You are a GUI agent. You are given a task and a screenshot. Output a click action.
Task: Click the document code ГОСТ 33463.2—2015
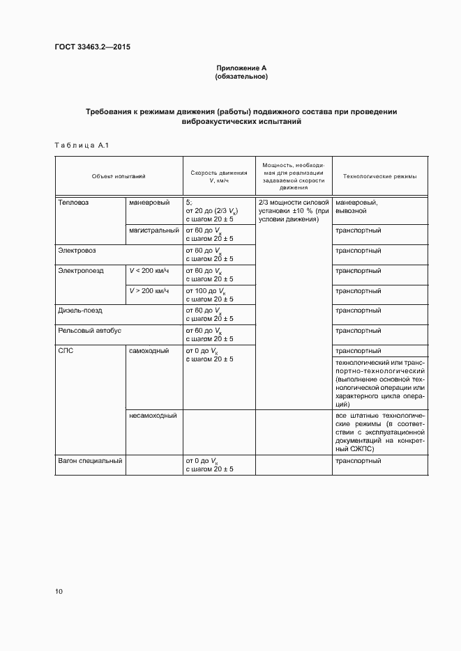coord(93,47)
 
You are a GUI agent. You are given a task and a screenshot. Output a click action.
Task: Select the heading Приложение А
coord(241,68)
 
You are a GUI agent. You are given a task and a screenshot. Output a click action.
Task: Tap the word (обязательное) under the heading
coord(241,76)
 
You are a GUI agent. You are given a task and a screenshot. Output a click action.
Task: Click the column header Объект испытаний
coord(119,177)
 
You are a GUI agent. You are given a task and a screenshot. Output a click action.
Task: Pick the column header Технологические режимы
coord(380,177)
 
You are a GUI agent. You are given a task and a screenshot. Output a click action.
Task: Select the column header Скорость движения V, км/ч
coord(219,177)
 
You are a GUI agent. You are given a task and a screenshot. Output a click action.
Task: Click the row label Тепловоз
coord(74,202)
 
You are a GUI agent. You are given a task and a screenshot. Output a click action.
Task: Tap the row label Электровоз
coord(77,250)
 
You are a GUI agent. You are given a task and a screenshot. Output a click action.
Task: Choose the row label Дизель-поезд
coord(80,311)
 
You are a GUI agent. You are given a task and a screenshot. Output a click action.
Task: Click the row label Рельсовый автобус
coord(89,331)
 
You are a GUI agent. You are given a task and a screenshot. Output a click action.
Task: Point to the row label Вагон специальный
coord(89,460)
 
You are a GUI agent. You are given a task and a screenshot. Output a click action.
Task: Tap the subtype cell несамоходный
coord(152,416)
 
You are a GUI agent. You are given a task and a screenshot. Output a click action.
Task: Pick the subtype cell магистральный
coord(152,230)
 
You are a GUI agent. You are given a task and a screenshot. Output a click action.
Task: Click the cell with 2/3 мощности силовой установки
coord(293,210)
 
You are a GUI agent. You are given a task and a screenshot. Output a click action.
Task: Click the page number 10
coord(59,591)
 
